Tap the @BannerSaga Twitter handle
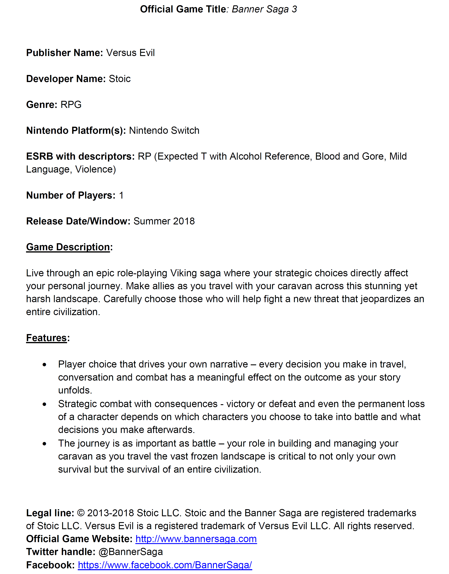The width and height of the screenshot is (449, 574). tap(131, 552)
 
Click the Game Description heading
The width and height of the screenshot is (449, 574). tap(68, 247)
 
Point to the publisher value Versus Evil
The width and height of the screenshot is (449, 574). tap(130, 53)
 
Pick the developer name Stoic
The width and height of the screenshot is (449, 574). tap(120, 79)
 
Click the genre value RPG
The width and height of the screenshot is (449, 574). tap(71, 105)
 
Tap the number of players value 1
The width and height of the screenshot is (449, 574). tap(121, 195)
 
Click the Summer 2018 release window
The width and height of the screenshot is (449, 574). tap(164, 221)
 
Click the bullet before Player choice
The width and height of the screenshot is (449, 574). tap(44, 365)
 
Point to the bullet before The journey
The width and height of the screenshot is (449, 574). tap(44, 444)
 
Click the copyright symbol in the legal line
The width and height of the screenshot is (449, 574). tap(81, 513)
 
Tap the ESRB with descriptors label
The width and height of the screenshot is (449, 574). tap(80, 156)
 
